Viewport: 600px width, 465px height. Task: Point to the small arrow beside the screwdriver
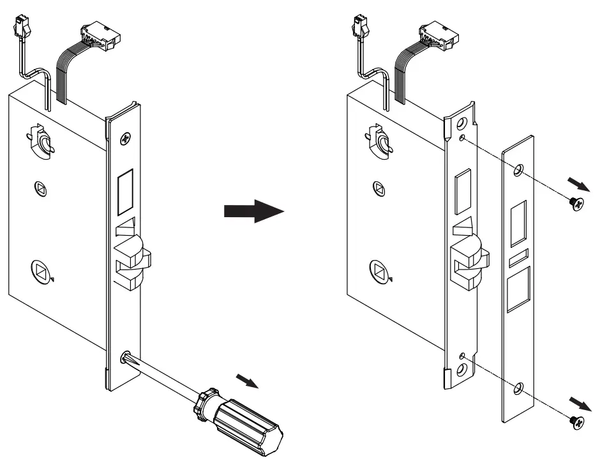(248, 380)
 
